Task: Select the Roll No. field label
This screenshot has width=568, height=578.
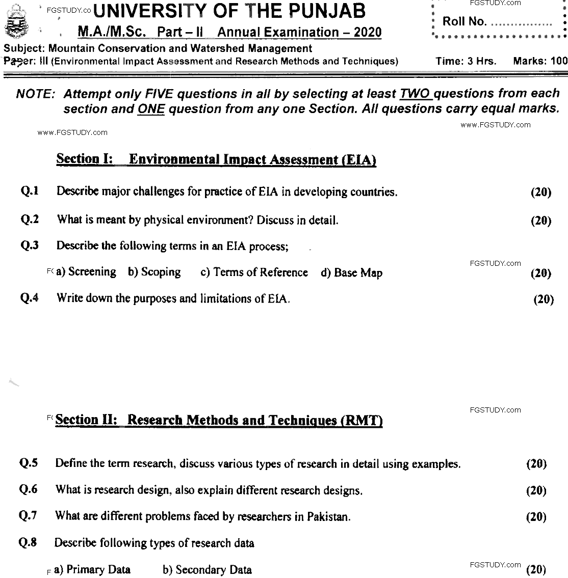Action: (464, 21)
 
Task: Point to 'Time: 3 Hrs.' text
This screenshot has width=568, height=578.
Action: (466, 61)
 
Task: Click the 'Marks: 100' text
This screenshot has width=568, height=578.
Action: (540, 61)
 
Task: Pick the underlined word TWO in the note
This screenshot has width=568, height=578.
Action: (416, 94)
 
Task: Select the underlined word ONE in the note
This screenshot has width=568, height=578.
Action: (150, 108)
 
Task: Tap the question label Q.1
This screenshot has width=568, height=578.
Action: (30, 191)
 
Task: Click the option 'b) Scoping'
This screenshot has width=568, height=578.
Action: (154, 272)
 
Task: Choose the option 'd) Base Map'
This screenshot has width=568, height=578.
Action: (351, 273)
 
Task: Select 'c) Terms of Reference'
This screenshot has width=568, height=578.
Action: (254, 272)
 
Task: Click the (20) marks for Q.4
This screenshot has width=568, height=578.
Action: (543, 299)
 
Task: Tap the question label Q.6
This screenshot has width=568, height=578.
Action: (28, 489)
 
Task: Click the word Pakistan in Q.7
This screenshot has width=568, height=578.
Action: (328, 516)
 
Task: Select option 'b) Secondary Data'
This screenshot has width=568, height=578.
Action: (207, 569)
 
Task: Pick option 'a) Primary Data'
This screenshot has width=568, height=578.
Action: (92, 569)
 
